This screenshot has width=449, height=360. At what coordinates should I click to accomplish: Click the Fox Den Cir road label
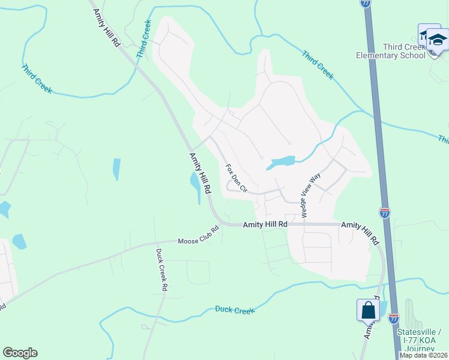click(236, 178)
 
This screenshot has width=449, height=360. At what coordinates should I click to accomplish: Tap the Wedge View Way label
click(311, 195)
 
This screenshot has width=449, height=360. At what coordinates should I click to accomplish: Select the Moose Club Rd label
click(199, 236)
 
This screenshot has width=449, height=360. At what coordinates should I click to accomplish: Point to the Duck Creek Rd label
click(160, 269)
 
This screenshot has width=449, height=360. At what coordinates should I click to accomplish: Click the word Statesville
click(418, 332)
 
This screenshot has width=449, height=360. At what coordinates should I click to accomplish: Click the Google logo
click(20, 353)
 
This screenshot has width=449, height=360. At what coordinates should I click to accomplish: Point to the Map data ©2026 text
click(423, 355)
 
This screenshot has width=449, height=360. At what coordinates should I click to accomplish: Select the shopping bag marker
click(367, 310)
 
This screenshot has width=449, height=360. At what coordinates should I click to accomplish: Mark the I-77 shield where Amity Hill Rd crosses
click(385, 212)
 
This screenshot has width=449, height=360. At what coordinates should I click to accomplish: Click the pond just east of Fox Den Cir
click(282, 162)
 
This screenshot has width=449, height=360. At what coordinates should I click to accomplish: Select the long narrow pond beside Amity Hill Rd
click(196, 187)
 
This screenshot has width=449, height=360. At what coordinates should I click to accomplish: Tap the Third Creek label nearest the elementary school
click(318, 65)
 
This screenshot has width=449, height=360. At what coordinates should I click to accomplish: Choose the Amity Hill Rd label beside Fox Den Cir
click(200, 173)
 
